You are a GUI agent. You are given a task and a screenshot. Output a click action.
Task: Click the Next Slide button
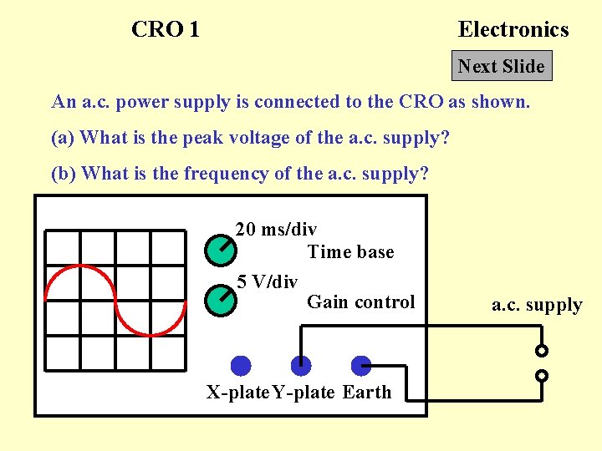coord(502,66)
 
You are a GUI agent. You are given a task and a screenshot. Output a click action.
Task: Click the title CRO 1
coord(166,30)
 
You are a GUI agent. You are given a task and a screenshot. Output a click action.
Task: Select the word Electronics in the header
coord(513,30)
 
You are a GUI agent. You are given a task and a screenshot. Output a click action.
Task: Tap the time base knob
coord(220,247)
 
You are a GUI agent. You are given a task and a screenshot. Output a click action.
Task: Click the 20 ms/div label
coord(276,229)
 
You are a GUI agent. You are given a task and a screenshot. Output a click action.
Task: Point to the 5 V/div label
coord(267,281)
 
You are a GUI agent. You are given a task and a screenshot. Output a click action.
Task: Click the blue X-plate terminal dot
coord(241,365)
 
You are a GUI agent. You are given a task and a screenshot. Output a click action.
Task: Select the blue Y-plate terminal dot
coord(300,365)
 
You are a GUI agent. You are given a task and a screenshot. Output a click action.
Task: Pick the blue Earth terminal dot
coord(360,365)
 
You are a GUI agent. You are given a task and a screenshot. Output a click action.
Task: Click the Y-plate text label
coord(304,393)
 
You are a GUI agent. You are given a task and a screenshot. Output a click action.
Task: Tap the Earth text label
coord(367,393)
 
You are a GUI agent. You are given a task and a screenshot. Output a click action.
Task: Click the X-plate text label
coord(239,393)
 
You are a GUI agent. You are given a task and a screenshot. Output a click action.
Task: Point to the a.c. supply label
coord(537,305)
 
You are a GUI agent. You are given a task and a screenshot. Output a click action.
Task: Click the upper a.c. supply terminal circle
coord(542,351)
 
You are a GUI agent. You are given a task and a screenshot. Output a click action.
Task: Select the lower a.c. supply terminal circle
coord(542,376)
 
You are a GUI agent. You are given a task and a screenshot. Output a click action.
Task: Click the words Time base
coord(350,252)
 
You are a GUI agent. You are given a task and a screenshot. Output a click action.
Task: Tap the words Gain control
coord(360,302)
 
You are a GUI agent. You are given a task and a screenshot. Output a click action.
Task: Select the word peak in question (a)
coord(171,137)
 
